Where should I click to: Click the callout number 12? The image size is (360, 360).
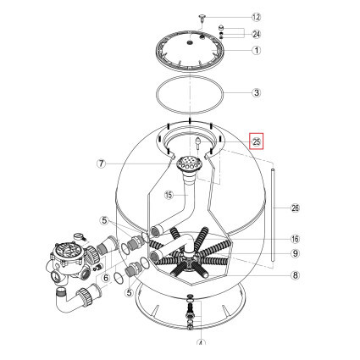click(x=258, y=17)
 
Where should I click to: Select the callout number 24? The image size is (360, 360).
click(x=258, y=34)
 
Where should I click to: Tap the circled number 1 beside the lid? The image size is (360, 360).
click(x=258, y=50)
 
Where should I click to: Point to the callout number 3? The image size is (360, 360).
click(x=258, y=92)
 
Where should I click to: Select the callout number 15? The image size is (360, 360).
click(x=168, y=195)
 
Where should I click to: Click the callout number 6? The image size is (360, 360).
click(x=107, y=276)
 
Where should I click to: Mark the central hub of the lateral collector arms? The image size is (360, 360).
click(x=186, y=256)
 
